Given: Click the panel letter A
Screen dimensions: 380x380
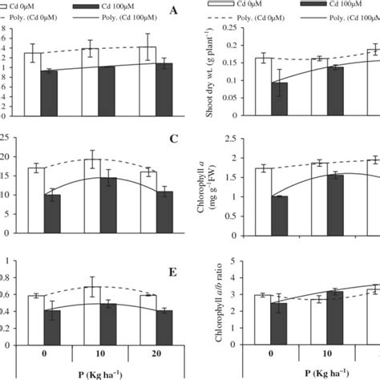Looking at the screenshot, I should coord(174,11).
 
